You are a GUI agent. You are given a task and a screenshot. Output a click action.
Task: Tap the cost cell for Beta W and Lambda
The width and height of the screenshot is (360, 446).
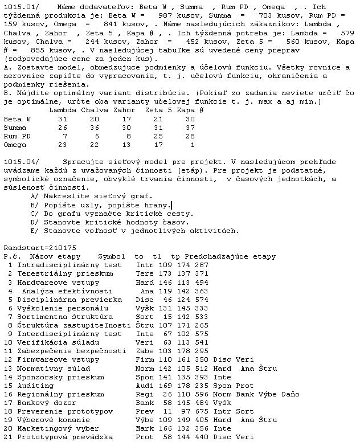click(63, 118)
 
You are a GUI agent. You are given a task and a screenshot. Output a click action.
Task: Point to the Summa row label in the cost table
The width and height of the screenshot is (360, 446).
click(15, 128)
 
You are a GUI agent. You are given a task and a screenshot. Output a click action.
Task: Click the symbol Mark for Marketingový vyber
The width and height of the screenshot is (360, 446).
click(145, 428)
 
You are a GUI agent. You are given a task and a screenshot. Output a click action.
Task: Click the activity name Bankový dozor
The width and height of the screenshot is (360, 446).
click(46, 403)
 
